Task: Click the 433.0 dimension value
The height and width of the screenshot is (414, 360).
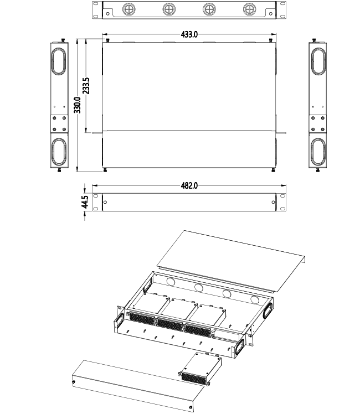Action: [189, 34]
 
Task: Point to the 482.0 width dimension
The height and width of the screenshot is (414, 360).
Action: [189, 186]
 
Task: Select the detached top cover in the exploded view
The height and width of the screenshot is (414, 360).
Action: [233, 260]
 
